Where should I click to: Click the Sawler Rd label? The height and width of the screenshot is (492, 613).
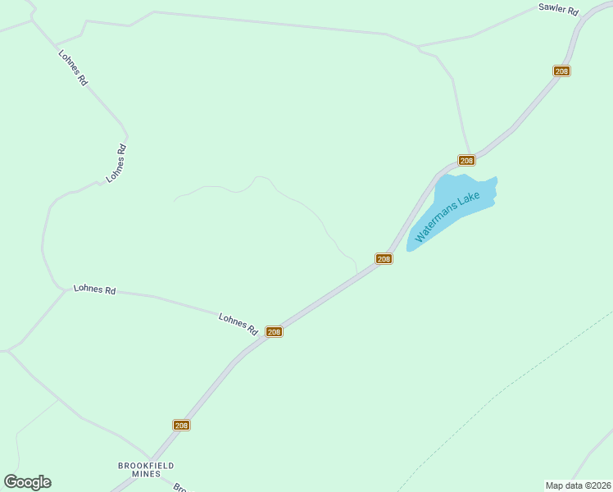[x=558, y=11]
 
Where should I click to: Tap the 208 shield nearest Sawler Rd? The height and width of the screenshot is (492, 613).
[x=561, y=71]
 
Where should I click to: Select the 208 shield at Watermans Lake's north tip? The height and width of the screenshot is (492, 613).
[x=466, y=160]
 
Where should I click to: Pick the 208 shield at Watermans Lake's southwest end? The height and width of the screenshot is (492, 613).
[x=384, y=259]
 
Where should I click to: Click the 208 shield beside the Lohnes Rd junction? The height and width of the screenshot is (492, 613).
[x=275, y=332]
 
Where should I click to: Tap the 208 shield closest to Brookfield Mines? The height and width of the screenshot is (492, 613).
[x=182, y=425]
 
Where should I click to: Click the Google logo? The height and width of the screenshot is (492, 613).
[x=27, y=482]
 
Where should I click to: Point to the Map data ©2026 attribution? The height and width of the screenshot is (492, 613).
[x=577, y=485]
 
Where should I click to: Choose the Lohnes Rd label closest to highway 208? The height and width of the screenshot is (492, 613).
[x=238, y=324]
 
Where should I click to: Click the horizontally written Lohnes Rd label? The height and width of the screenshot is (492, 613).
[x=94, y=289]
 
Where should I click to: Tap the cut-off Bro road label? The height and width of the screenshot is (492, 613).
[x=181, y=486]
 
